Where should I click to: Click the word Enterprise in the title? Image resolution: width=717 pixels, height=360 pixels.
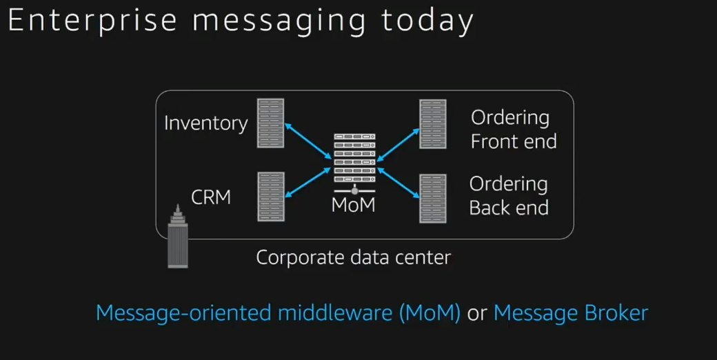click(x=93, y=21)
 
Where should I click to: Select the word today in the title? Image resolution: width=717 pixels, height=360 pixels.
click(x=428, y=21)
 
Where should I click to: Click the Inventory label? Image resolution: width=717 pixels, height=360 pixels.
click(x=205, y=123)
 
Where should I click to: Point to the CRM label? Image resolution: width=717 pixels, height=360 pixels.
click(x=211, y=198)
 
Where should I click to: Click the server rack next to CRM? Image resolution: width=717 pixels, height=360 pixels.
click(x=270, y=197)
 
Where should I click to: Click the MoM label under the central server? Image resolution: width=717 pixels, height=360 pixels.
click(x=354, y=205)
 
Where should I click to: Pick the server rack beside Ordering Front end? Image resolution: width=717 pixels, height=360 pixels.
click(x=432, y=124)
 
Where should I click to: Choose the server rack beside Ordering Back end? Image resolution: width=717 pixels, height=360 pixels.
click(x=432, y=198)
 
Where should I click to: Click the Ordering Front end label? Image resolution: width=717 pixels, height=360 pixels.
click(x=512, y=129)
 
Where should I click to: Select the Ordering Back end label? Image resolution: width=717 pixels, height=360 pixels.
click(x=509, y=196)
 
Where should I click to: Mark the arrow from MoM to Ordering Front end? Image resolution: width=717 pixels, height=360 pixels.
click(x=398, y=144)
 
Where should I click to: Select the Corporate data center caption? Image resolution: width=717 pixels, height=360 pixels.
click(x=353, y=258)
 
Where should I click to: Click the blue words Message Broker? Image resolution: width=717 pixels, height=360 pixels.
click(x=571, y=313)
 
